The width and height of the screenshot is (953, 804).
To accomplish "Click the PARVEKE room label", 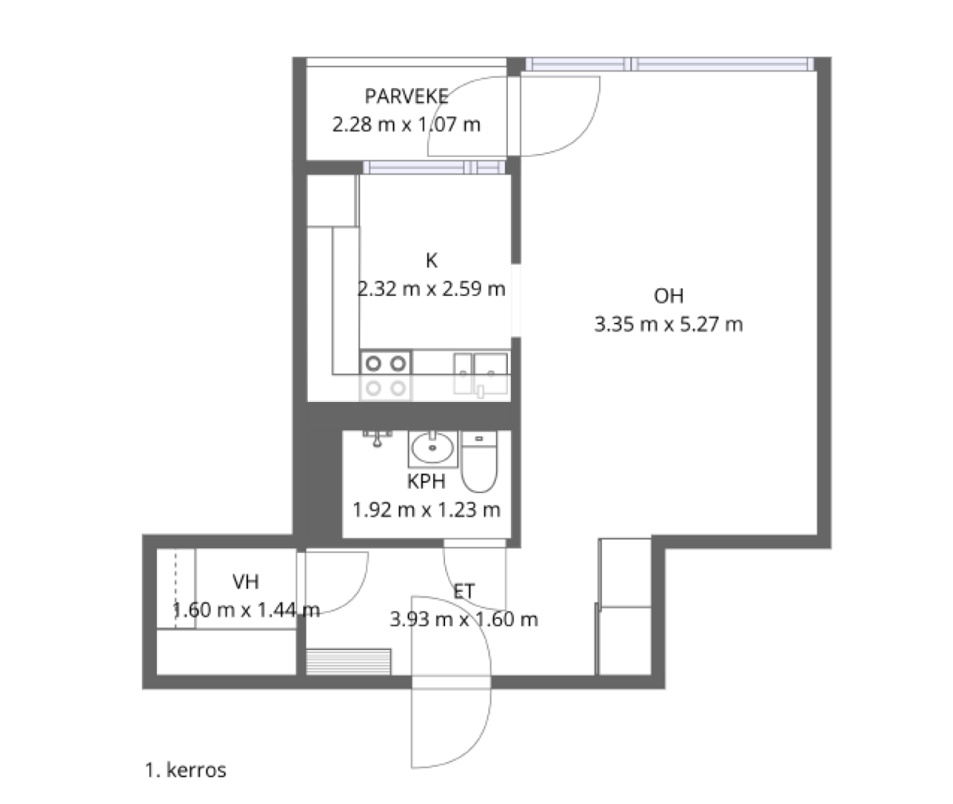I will [x=406, y=97].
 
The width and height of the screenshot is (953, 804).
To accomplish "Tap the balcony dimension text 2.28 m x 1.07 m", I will [x=406, y=124].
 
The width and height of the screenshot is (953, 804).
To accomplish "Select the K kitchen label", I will [x=431, y=261].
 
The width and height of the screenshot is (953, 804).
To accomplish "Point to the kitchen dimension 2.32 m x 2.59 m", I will [x=431, y=289].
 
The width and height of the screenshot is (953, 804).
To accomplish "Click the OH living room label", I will [x=668, y=296].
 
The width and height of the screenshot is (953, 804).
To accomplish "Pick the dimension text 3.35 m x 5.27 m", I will [x=668, y=324].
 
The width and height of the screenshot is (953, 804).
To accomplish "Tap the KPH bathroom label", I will [x=426, y=481].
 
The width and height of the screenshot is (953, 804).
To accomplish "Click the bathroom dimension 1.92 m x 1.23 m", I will [x=426, y=510].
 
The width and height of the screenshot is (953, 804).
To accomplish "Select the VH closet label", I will [x=246, y=582].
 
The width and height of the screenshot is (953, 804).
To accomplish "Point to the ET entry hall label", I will [x=464, y=590].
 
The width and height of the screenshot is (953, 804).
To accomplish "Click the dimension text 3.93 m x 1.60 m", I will [x=464, y=619].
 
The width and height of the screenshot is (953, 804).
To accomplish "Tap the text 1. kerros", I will [x=185, y=770].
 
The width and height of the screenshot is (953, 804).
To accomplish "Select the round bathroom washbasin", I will [x=432, y=449].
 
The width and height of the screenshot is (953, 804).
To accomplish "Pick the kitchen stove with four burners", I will [x=386, y=375].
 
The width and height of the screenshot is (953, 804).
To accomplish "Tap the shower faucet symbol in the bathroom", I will [x=378, y=437].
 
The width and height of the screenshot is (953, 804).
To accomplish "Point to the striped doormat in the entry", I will [x=348, y=661].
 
